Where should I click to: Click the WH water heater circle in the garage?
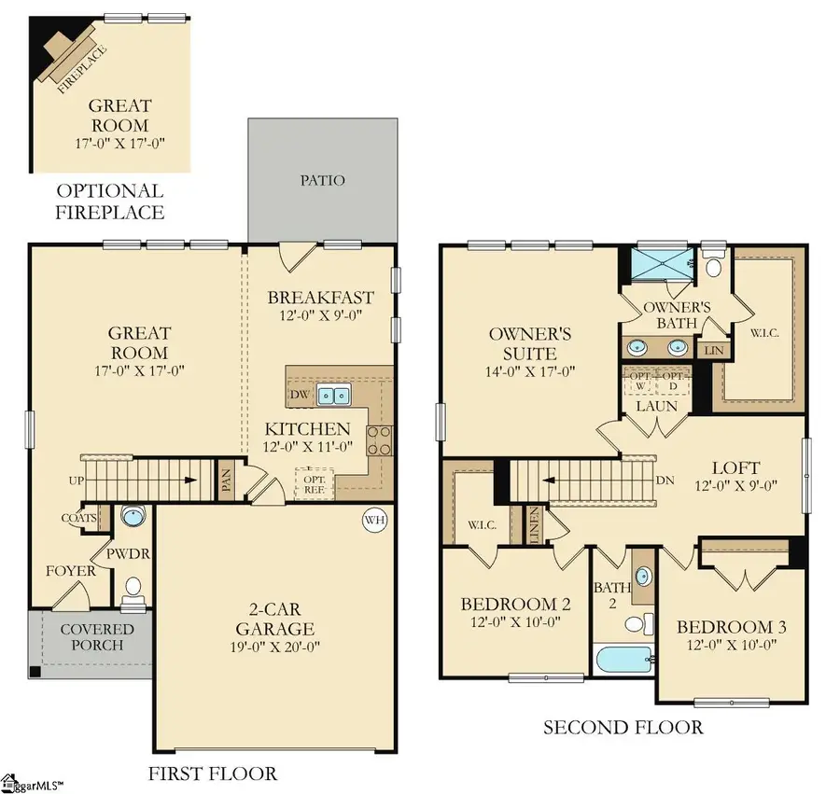(374, 520)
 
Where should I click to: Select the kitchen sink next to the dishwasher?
(331, 396)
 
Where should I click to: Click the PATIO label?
(322, 179)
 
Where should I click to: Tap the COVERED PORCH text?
(97, 638)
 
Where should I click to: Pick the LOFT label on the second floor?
(736, 467)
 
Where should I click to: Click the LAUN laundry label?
(657, 406)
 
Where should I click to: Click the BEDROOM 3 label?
(731, 627)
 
